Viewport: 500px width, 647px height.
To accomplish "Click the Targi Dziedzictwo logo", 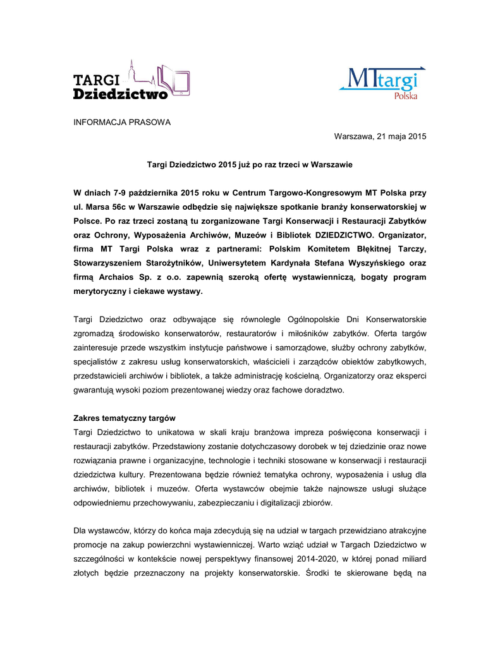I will point(131,81).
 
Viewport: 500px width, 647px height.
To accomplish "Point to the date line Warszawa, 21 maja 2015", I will point(380,136).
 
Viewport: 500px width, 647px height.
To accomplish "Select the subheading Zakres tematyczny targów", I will point(125,418).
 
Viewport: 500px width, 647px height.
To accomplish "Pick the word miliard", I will point(412,560).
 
